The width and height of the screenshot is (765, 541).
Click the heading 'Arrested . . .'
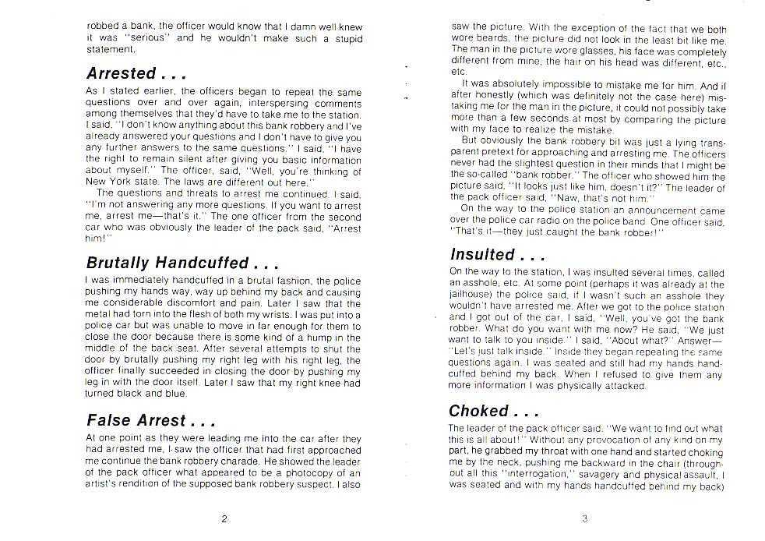(x=136, y=74)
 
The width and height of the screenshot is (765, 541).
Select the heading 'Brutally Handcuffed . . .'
(x=182, y=263)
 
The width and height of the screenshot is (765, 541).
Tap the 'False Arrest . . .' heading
(x=150, y=421)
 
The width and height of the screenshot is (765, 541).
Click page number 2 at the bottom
(x=224, y=519)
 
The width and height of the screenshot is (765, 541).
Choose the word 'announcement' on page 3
(x=657, y=210)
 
